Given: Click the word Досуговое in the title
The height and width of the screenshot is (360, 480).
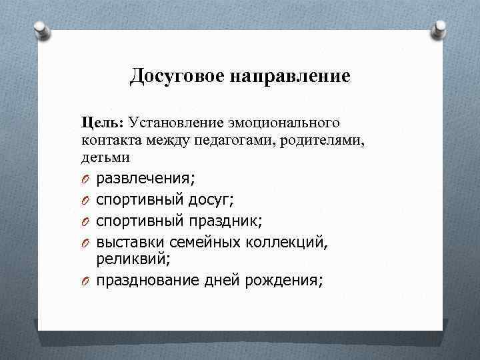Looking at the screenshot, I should [x=178, y=76].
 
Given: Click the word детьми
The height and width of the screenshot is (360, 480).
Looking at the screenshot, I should [x=105, y=157].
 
